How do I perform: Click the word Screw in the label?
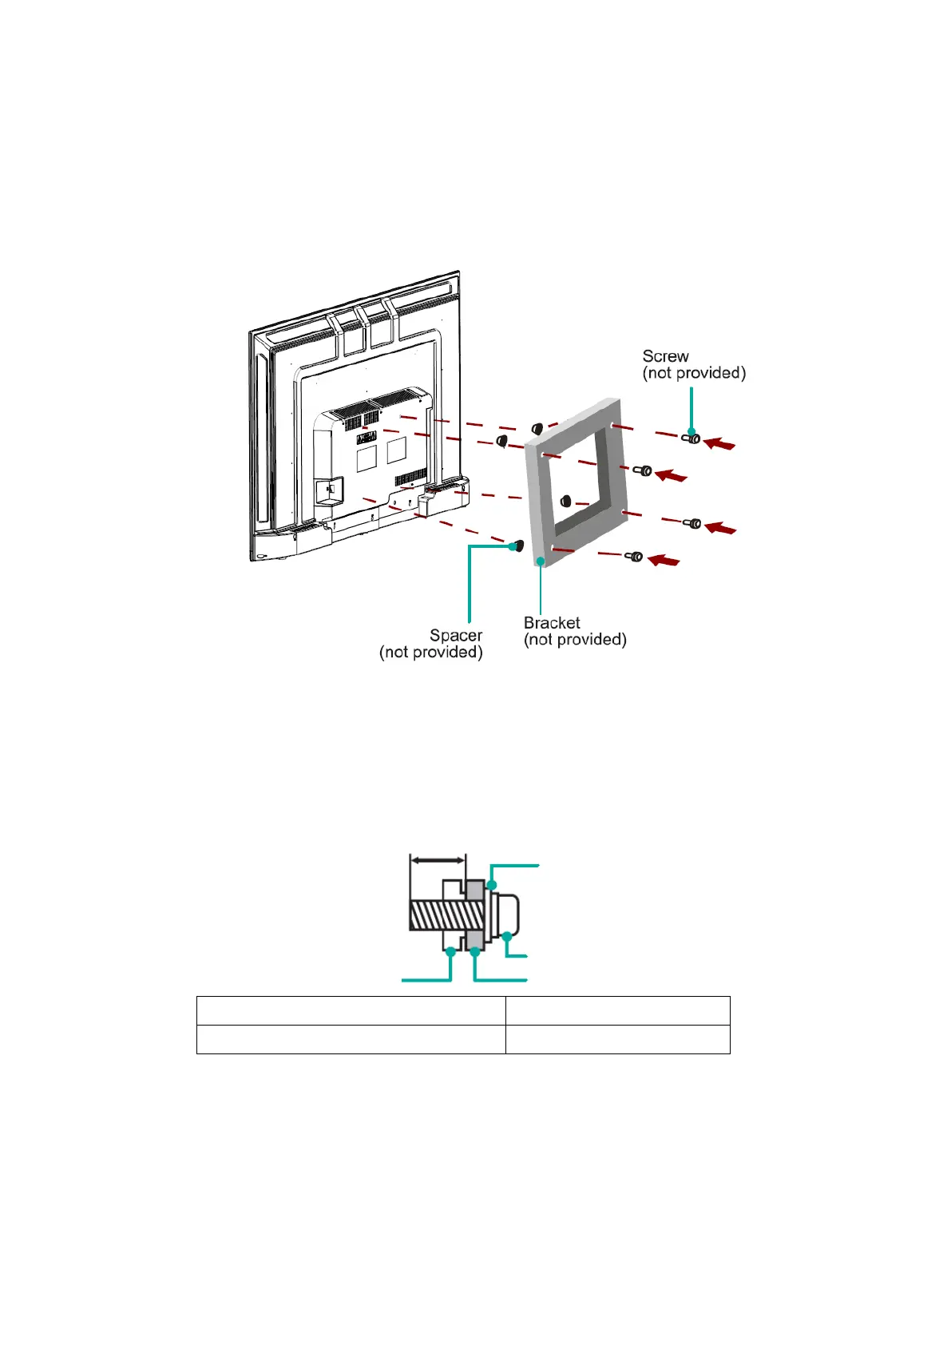tap(665, 356)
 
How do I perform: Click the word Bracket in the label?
tap(552, 623)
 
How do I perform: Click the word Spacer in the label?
tap(456, 635)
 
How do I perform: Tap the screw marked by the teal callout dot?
tap(691, 439)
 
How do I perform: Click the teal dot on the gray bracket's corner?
tap(541, 561)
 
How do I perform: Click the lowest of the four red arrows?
tap(664, 560)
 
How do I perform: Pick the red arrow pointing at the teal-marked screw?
tap(719, 444)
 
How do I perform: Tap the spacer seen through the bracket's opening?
tap(565, 500)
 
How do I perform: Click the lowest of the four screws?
tap(634, 557)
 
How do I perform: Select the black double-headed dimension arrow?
tap(438, 860)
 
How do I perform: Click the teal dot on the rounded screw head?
tap(507, 936)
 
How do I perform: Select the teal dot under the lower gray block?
tap(475, 952)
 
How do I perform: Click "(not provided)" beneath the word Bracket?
tap(575, 640)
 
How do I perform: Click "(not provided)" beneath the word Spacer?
tap(431, 652)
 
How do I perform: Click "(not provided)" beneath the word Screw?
tap(694, 373)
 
